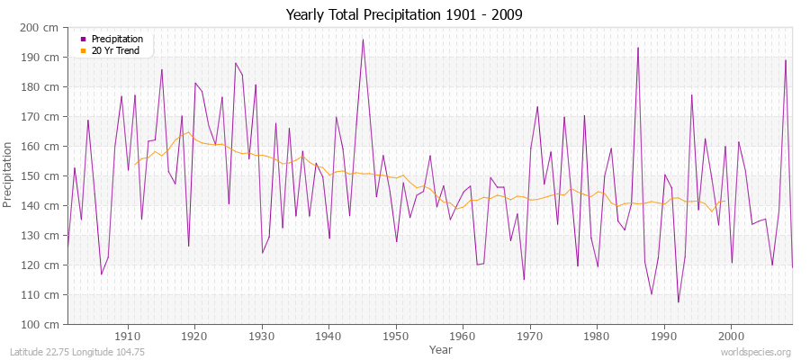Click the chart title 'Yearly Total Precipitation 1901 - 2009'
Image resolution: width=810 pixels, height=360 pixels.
pyautogui.click(x=404, y=14)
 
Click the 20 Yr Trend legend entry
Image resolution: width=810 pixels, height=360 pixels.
pyautogui.click(x=115, y=51)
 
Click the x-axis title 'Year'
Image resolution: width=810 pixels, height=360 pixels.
pyautogui.click(x=441, y=348)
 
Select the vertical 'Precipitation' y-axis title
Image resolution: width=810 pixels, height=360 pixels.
pyautogui.click(x=10, y=175)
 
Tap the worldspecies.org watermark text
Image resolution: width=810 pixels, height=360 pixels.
pyautogui.click(x=756, y=352)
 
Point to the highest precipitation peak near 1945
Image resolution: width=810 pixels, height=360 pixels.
pyautogui.click(x=363, y=39)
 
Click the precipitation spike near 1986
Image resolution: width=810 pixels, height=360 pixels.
pyautogui.click(x=638, y=48)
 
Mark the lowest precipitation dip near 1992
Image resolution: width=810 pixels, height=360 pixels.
pyautogui.click(x=678, y=302)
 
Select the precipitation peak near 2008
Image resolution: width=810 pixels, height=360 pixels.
pyautogui.click(x=786, y=60)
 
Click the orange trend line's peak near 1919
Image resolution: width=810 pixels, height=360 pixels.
pyautogui.click(x=188, y=132)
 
